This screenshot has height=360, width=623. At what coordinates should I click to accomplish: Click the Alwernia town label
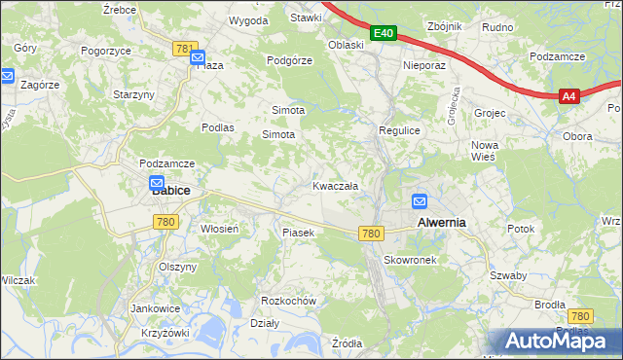pos(441,222)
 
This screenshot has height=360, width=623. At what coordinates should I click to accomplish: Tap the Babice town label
pos(170,191)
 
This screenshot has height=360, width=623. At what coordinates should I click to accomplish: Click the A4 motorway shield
pos(570,95)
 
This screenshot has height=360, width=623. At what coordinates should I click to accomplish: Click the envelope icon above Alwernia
pos(420,201)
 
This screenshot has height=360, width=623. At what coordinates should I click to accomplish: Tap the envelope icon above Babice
pos(157,182)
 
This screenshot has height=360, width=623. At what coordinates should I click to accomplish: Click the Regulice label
pos(398,129)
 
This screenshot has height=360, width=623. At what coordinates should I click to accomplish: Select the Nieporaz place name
pos(423,66)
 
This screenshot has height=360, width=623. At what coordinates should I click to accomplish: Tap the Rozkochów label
pos(290,301)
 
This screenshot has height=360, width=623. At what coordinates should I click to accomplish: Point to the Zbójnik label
pos(447,26)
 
